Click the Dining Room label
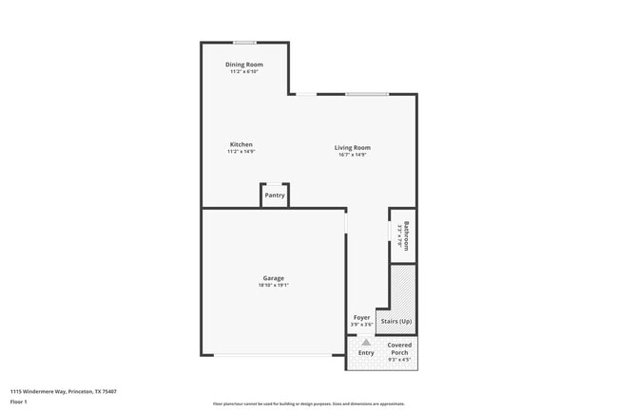pos(244,65)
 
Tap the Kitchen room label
pos(241,144)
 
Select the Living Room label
pos(352,147)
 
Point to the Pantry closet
pos(275,195)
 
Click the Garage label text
pos(273,278)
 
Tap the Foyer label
pos(362,317)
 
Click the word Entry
pos(366,353)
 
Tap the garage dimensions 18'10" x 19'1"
pos(273,285)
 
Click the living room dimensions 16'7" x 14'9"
pos(352,155)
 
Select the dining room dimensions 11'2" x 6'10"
pos(244,71)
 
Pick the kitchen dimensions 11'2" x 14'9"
pos(241,152)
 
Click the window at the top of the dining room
pos(244,42)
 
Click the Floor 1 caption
pos(19,402)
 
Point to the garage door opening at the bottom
pos(273,355)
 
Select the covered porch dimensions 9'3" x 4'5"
pos(399,359)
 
